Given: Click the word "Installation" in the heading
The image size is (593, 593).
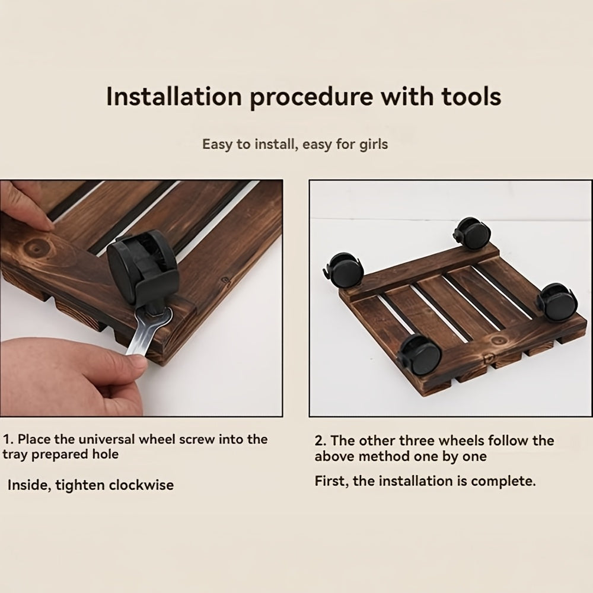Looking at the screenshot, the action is (x=174, y=97).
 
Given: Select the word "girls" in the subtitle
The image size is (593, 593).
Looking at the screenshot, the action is (x=374, y=145).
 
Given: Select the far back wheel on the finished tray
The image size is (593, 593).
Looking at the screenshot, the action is (x=472, y=233).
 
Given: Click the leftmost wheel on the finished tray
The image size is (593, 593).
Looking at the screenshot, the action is (x=344, y=269).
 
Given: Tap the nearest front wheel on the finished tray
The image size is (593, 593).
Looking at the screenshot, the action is (x=420, y=355).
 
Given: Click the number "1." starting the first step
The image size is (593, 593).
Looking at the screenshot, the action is (x=8, y=439).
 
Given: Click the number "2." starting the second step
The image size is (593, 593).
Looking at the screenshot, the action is (x=321, y=441).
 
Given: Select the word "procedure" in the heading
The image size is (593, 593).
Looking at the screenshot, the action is (x=311, y=97).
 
